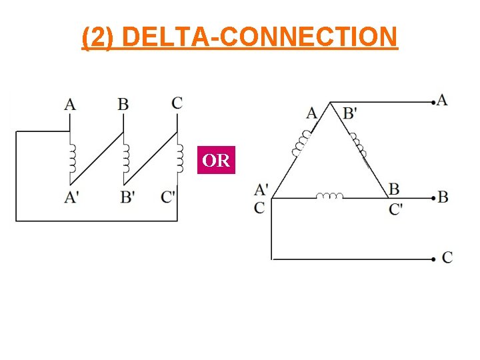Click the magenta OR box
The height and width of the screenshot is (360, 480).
[216, 161]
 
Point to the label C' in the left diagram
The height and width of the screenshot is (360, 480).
[169, 197]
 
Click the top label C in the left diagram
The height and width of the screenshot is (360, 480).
[177, 103]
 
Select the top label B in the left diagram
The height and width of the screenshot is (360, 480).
[123, 103]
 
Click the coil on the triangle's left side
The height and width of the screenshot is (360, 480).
[302, 142]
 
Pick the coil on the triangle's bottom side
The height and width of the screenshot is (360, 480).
[329, 196]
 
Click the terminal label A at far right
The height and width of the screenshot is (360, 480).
[442, 100]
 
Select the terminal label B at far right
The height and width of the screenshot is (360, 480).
[443, 198]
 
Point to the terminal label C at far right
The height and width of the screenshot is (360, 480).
[447, 257]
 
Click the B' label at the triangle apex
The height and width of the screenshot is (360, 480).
[350, 113]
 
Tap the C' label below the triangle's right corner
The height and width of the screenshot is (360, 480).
[396, 209]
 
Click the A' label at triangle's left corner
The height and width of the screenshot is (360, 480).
[261, 190]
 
